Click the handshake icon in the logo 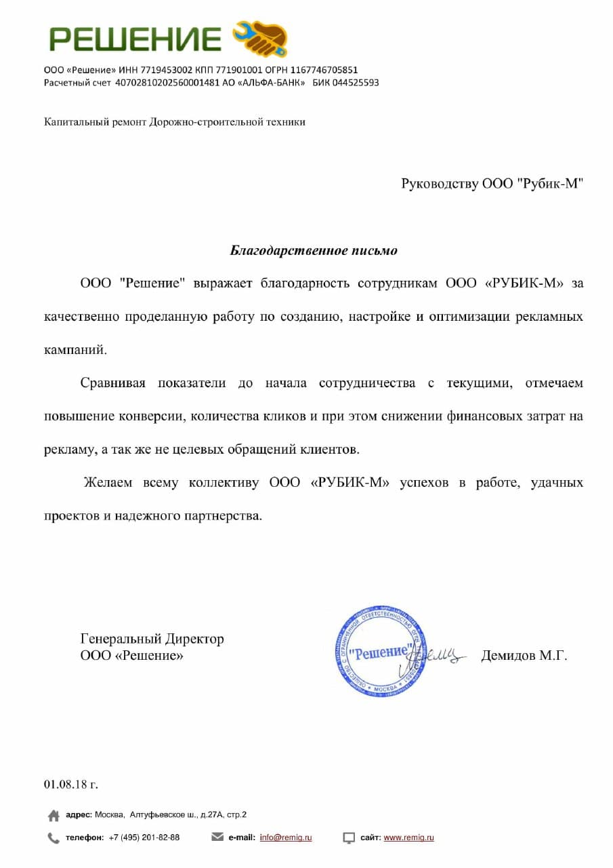(x=261, y=38)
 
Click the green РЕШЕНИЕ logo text (x=135, y=40)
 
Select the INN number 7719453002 (x=167, y=70)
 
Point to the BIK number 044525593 (x=355, y=83)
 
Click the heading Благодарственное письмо (x=314, y=251)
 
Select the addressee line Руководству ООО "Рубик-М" (x=492, y=184)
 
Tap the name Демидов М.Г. (x=524, y=656)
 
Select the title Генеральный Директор (x=152, y=639)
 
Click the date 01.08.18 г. (x=71, y=785)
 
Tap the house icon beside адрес (x=54, y=815)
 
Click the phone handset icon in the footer (x=54, y=838)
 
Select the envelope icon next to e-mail (x=217, y=837)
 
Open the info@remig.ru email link (x=286, y=837)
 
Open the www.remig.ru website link (x=408, y=837)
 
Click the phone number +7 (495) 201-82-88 (x=144, y=837)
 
